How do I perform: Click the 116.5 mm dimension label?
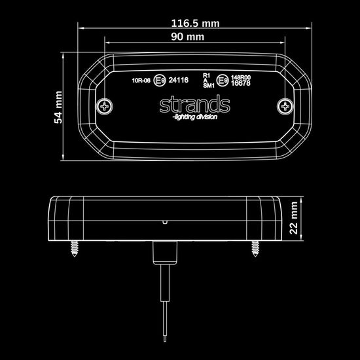pos(196,24)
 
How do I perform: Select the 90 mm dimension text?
pos(188,37)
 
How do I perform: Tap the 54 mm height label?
pos(58,107)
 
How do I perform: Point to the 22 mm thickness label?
pos(293,218)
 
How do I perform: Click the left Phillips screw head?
pos(105,106)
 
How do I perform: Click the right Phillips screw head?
pos(285,106)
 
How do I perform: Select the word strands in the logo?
pos(194,104)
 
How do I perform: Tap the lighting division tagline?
pos(194,117)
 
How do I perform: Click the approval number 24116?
pos(179,80)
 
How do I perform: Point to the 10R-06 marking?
pos(141,81)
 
